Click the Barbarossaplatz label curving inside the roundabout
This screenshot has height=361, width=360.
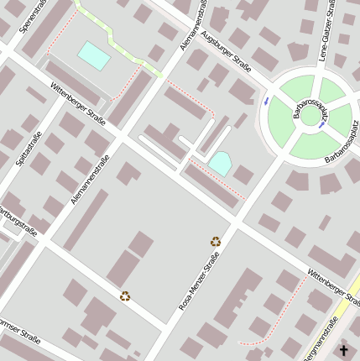(310, 112)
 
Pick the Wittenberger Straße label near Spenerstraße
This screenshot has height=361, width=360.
(78, 104)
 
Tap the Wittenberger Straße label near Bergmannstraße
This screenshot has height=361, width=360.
(333, 286)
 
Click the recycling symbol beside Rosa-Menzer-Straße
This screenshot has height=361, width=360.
(216, 242)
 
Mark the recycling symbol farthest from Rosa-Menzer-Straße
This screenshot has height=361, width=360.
(125, 296)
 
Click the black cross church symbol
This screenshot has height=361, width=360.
(343, 350)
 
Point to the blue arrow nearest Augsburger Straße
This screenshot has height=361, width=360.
(267, 101)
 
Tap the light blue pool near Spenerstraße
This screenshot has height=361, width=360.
(94, 56)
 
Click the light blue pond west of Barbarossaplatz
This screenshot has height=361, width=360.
(221, 164)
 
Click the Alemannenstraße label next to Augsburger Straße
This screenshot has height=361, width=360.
(194, 25)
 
